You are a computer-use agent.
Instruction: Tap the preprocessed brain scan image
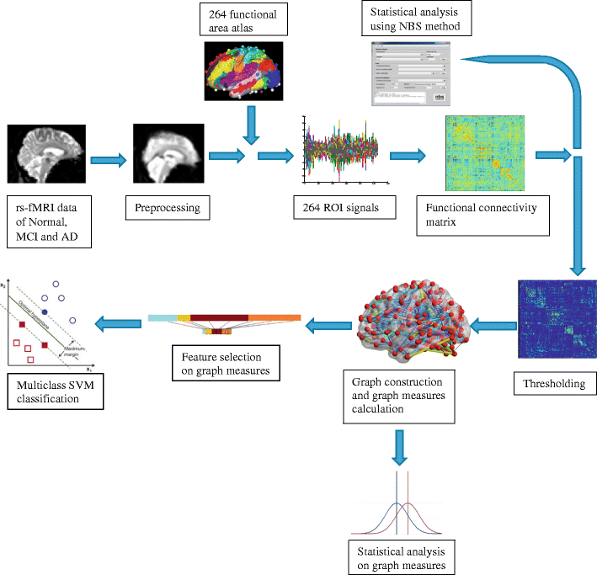coord(165,157)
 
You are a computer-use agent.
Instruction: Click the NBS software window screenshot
coord(411,76)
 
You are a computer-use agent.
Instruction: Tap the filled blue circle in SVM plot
coord(45,312)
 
